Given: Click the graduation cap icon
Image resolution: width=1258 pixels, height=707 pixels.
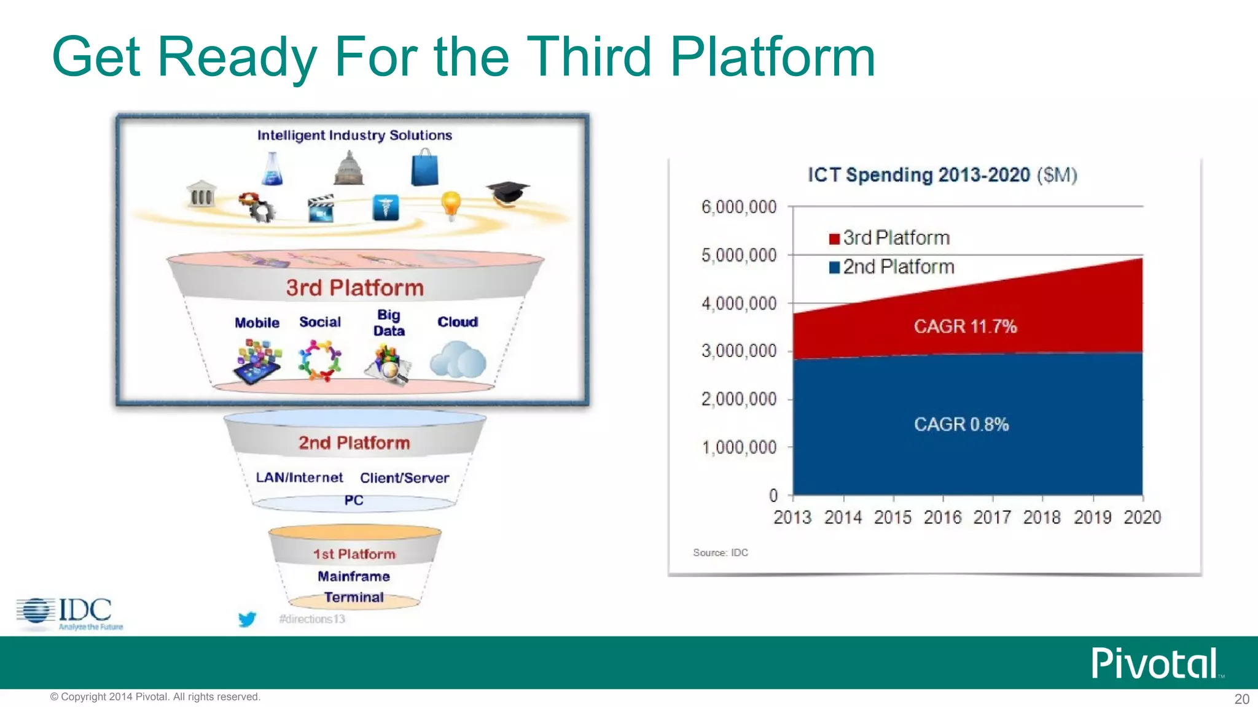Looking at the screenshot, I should point(508,193).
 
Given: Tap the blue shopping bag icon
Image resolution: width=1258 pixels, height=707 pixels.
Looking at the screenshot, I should point(425,169).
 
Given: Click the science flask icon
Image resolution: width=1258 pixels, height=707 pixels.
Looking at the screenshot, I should point(272,169).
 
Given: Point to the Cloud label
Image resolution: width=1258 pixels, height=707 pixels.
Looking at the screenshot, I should point(458,322).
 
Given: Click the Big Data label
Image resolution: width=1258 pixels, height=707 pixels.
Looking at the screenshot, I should point(389,323).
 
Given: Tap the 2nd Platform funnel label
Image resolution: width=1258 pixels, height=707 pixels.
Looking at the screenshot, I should point(354,443).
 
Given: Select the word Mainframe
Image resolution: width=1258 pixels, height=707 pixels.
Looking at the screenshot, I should point(354,576).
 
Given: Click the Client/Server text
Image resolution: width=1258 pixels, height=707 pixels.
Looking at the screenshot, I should point(404,477).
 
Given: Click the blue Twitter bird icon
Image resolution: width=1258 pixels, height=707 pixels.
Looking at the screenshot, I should point(247,619).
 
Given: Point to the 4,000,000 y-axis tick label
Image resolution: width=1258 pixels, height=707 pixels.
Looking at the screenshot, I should point(739,303).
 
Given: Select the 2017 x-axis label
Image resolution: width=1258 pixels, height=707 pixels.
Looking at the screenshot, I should point(992,517).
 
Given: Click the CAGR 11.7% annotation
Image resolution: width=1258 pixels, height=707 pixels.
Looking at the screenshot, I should point(965,326).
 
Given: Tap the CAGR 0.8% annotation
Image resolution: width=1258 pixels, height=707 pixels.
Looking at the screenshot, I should point(961,424).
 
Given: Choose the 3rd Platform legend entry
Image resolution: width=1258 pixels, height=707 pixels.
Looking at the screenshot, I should point(889,238).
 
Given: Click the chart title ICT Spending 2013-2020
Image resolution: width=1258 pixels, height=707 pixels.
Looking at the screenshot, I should point(942,175).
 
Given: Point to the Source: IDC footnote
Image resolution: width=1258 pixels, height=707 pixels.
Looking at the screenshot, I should point(721,552).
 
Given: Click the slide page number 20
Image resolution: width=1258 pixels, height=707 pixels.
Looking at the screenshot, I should point(1241,698).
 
